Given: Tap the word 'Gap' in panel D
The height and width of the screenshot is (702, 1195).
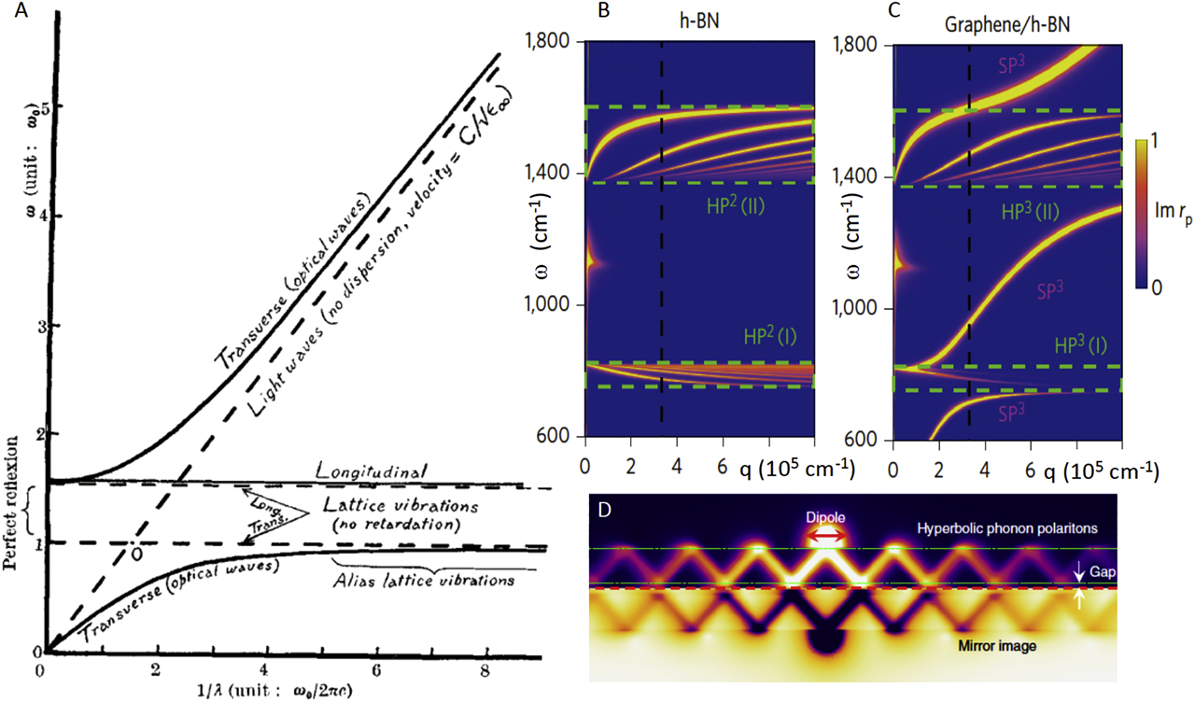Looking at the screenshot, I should pos(1104,569).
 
